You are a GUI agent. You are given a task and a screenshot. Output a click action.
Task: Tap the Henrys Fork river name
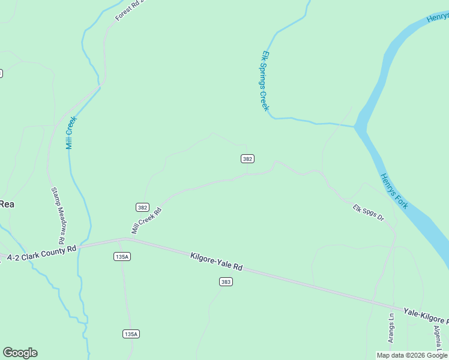394,191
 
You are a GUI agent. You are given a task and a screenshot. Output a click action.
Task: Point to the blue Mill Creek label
71,133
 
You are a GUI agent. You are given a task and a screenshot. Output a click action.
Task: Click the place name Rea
7,204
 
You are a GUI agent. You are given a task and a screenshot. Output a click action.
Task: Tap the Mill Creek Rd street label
147,221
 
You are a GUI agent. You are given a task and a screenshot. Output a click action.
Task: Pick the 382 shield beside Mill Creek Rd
142,208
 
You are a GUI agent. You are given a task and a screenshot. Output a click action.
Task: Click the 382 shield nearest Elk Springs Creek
247,159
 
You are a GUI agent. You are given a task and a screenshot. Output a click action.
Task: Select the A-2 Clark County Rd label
41,251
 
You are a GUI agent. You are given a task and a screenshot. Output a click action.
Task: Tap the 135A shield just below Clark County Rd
122,256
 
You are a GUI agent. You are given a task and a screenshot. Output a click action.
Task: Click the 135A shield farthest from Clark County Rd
131,334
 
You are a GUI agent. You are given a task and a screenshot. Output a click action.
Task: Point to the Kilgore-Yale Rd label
216,262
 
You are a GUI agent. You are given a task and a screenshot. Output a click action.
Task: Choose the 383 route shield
226,281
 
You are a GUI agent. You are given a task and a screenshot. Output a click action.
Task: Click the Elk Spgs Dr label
368,212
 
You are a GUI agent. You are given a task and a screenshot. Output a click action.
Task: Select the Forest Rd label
130,10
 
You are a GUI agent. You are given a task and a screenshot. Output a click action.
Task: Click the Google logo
20,353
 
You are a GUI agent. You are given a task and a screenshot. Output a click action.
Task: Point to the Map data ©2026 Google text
412,355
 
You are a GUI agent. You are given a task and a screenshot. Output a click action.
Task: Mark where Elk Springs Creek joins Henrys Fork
355,125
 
